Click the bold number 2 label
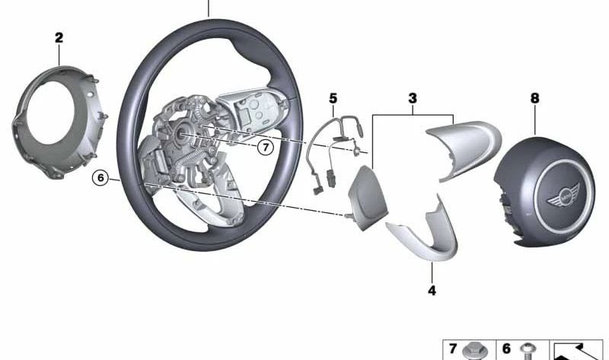pyautogui.click(x=59, y=38)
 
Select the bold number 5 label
pyautogui.click(x=333, y=99)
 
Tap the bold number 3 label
pyautogui.click(x=413, y=98)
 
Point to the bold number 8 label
pyautogui.click(x=535, y=98)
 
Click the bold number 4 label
pyautogui.click(x=432, y=290)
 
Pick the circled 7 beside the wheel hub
pyautogui.click(x=266, y=148)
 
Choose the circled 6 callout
pyautogui.click(x=100, y=178)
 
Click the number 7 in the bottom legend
pyautogui.click(x=453, y=349)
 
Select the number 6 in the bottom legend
pyautogui.click(x=506, y=349)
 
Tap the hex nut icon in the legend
pyautogui.click(x=473, y=351)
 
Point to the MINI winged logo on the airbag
pyautogui.click(x=563, y=197)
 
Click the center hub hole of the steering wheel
pyautogui.click(x=182, y=134)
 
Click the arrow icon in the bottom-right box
pyautogui.click(x=576, y=351)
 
